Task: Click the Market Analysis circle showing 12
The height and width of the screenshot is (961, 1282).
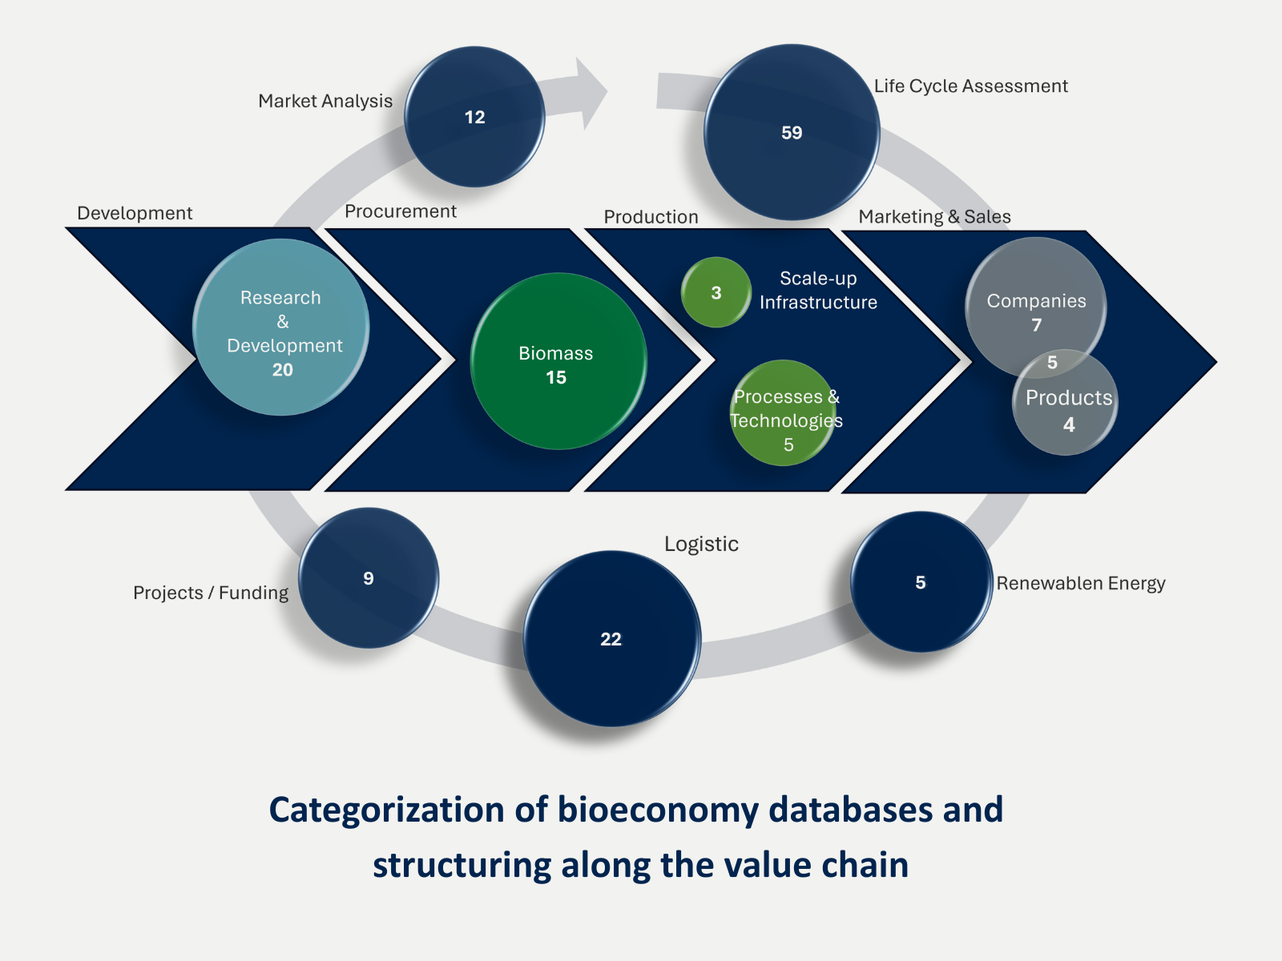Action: (474, 117)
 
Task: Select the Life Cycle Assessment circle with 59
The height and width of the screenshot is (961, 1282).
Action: (792, 132)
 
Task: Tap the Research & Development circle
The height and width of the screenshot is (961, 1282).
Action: (281, 327)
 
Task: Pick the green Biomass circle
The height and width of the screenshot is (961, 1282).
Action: (558, 361)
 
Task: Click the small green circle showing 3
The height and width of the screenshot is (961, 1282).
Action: (716, 292)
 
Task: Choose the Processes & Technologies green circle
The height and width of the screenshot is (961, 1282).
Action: (784, 413)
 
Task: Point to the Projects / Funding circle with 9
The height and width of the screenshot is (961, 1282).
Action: (369, 578)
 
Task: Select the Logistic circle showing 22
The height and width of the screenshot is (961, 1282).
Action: (611, 639)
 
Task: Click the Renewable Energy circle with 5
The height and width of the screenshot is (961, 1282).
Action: (921, 582)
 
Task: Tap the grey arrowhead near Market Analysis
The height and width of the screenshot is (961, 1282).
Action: (590, 92)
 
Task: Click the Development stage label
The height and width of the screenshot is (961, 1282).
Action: (135, 213)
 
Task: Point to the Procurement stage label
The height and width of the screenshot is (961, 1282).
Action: (401, 211)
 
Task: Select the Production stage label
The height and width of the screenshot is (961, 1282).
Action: (651, 217)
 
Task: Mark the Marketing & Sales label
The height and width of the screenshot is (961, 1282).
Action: (934, 217)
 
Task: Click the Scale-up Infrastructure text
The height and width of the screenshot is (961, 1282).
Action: (818, 290)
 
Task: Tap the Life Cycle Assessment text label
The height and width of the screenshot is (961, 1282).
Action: (970, 86)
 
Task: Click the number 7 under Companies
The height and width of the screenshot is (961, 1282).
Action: (1037, 325)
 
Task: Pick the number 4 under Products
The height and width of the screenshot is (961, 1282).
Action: (1069, 425)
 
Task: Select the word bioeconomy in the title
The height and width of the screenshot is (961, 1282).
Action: (657, 810)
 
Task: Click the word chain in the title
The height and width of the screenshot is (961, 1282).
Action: (869, 865)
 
